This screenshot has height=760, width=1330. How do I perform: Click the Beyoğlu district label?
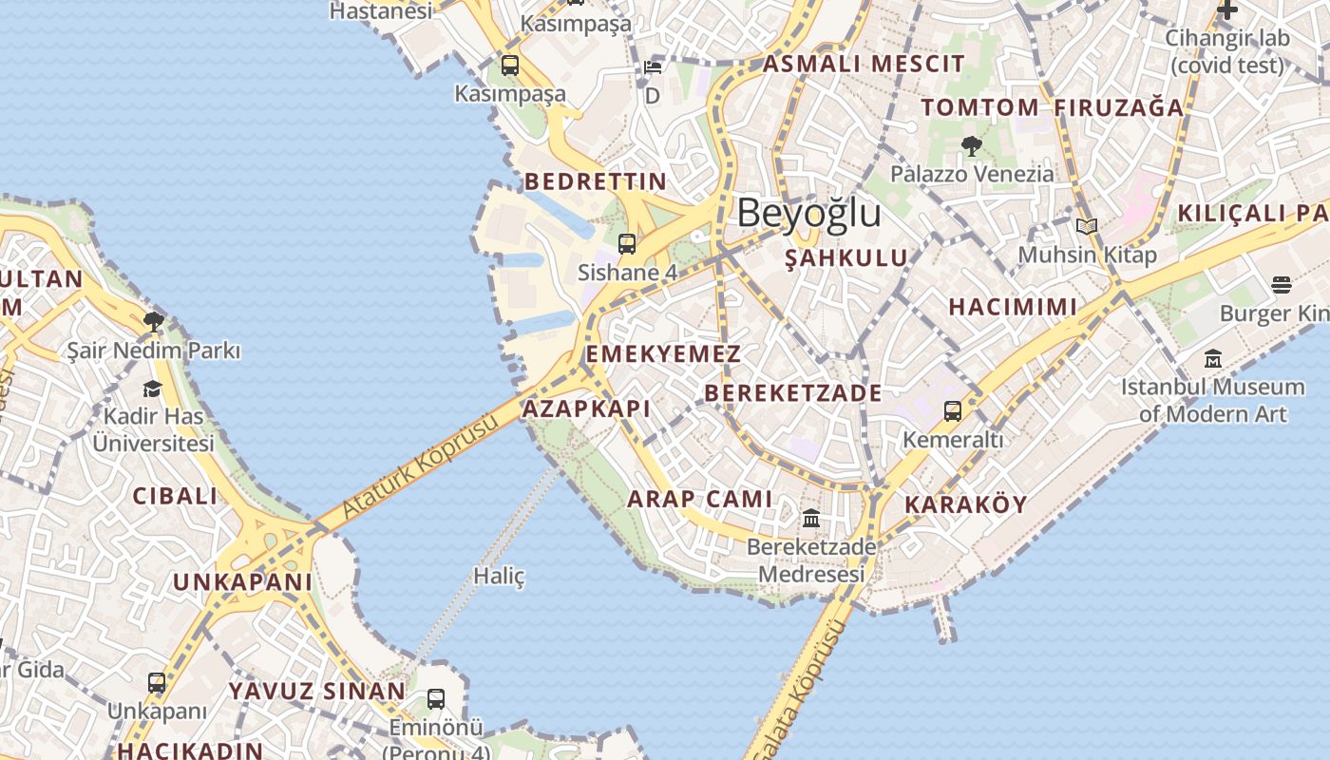pos(808,213)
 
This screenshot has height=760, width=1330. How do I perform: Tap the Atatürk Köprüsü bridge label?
pos(419,467)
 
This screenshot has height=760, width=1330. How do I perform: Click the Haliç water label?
pos(499,576)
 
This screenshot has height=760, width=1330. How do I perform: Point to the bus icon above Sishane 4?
pos(627,243)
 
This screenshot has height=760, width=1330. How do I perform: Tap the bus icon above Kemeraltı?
pos(952,411)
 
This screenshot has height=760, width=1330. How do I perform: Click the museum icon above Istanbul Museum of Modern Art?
pos(1213,359)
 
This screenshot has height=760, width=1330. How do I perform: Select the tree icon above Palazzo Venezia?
pos(971,145)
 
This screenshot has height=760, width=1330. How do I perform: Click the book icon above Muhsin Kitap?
pos(1087,226)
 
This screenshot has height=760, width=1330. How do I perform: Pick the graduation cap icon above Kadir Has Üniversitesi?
pos(152,388)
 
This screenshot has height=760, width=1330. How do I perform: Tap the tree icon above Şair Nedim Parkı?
pos(153,322)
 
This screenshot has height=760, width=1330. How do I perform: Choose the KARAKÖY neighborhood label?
pos(966,504)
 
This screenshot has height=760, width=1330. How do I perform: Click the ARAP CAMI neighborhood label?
pos(699,499)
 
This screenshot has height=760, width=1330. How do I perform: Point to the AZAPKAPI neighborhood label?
pos(586,409)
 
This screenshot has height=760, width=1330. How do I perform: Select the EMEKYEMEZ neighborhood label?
pos(663,354)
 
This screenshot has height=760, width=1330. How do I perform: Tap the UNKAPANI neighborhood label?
pos(242,581)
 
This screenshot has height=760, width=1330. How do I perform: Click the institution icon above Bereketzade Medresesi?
pos(811,518)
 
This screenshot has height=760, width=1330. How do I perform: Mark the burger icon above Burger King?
pos(1281,285)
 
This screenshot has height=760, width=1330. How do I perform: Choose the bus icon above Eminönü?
pos(436,699)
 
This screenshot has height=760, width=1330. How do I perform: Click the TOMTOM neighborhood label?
pos(979,107)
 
